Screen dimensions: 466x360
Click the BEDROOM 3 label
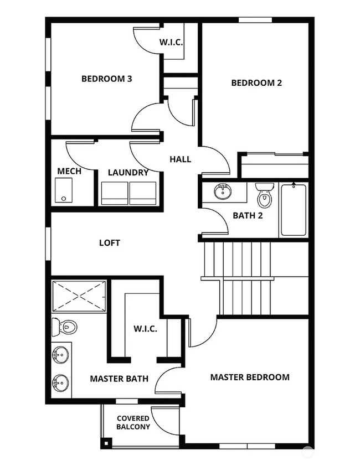tap(106, 79)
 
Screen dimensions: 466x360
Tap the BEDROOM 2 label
tap(256, 83)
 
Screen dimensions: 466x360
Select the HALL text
tap(180, 159)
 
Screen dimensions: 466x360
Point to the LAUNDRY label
tap(128, 173)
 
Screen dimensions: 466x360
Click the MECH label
tap(69, 171)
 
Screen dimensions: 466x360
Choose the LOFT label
tap(110, 243)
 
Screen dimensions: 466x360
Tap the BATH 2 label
tap(247, 215)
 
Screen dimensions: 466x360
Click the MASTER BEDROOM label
tap(249, 377)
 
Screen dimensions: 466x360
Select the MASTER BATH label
tap(119, 379)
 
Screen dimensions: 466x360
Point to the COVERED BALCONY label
tap(133, 423)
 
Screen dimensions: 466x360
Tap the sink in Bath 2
tap(222, 193)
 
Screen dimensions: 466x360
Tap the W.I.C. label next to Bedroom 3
tap(172, 42)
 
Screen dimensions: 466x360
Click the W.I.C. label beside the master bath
tap(145, 329)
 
